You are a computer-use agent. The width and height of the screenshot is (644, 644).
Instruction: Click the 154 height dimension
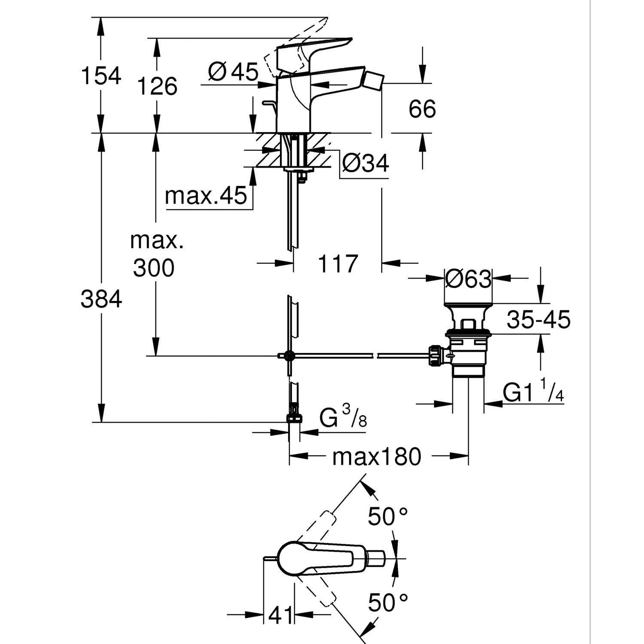point(101,76)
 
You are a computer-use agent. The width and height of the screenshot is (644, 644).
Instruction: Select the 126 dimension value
point(157,86)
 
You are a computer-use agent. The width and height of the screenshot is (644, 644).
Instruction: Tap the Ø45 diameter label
point(234,71)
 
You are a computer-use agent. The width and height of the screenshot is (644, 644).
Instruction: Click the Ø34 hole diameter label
point(366,163)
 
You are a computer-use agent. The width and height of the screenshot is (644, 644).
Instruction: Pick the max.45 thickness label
point(206,196)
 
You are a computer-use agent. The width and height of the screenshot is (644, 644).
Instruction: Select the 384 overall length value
point(101,299)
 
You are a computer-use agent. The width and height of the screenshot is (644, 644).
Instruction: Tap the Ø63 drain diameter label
point(468,279)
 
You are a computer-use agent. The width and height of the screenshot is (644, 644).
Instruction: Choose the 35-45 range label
point(538,319)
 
